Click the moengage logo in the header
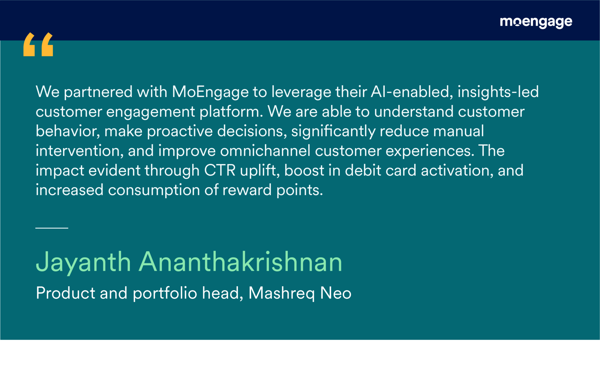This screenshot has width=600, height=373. pos(536,22)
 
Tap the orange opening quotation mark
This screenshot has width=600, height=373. pos(38,44)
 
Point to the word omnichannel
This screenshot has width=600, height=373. pos(265,151)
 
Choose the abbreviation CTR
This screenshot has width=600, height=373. pos(220,170)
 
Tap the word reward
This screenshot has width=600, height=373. pos(247,190)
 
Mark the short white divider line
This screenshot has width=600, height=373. pos(52,228)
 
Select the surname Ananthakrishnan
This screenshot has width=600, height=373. pos(241,262)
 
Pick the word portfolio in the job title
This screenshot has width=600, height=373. pos(165,294)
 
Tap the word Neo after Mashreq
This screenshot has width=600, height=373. pos(336,293)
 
